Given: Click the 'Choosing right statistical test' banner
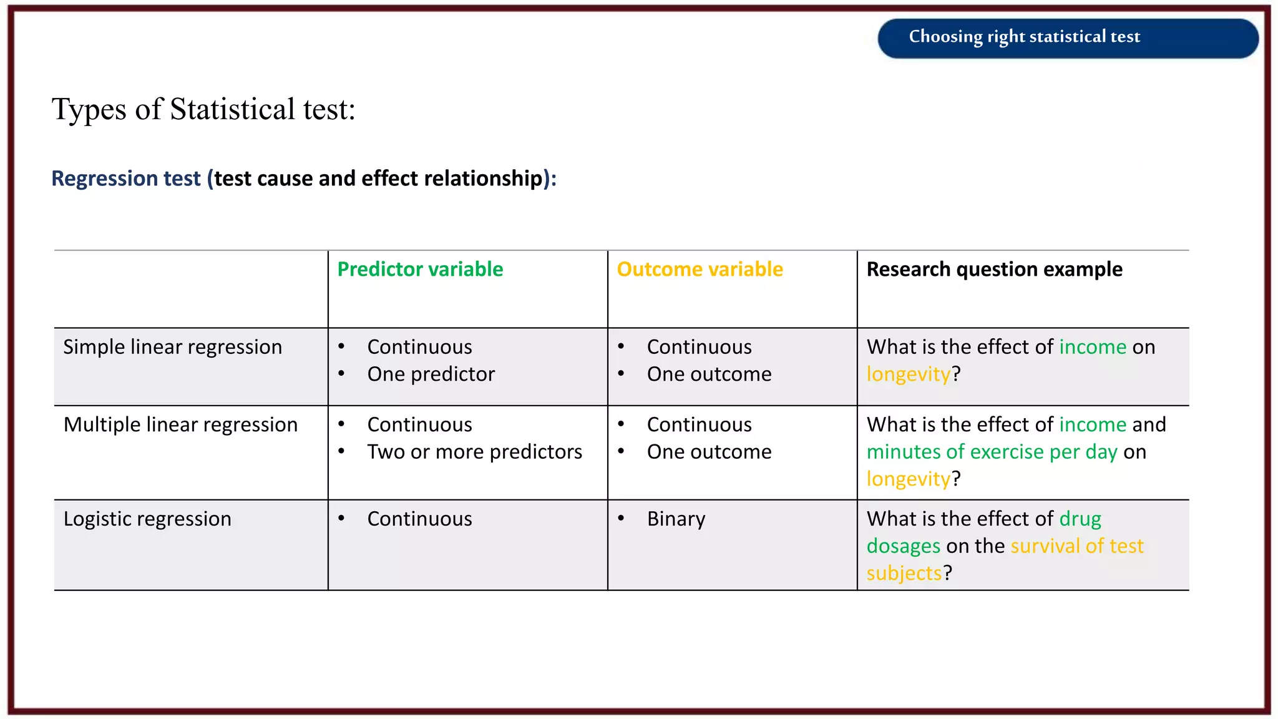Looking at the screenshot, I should pos(1068,37).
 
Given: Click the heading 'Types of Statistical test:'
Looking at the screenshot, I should pos(203,109).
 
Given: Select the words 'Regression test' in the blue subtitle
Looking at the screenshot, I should pos(125,179).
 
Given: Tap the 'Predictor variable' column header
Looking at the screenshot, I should pos(420,269).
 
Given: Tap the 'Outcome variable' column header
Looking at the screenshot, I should pos(700,269).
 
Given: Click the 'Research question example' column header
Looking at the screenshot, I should pos(994,269).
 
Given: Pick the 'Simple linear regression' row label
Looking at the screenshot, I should pos(172,347).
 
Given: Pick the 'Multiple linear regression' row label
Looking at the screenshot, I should pos(180,424).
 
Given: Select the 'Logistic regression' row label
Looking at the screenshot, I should pos(147,519).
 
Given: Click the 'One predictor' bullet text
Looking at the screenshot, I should pos(431,374).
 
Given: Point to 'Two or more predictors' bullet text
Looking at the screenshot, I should pos(474,452).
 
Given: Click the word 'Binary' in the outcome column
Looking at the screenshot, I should pos(676,519).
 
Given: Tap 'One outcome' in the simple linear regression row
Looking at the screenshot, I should pos(709,374).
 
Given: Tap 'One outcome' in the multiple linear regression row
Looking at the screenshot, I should pos(709,452).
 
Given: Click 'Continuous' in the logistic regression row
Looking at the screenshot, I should pos(419,519).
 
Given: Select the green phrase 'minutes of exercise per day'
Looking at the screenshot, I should pos(992,452).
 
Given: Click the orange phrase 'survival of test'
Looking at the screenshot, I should pos(1077,546).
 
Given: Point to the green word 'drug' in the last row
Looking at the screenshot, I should pos(1080,519).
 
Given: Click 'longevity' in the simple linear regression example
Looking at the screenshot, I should pos(908,374).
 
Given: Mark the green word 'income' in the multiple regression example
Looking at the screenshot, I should pos(1093,424).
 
